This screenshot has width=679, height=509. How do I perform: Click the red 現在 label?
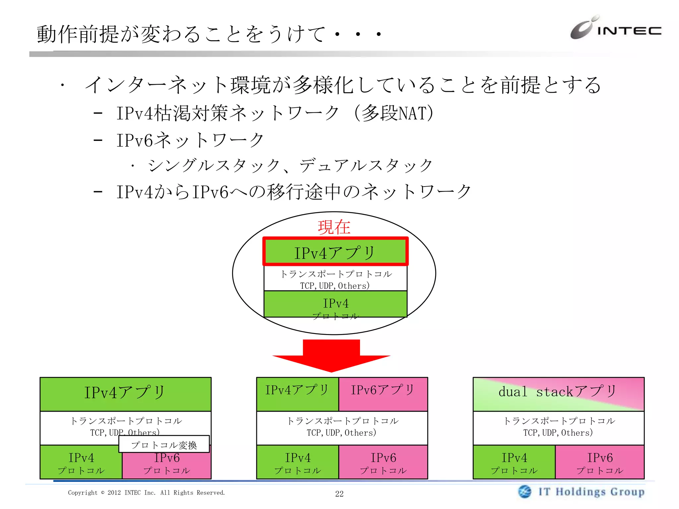click(334, 227)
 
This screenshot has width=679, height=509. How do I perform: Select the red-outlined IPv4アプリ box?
click(335, 252)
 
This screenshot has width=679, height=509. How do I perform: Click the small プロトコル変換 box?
click(164, 444)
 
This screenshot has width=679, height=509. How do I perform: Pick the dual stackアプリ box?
click(558, 393)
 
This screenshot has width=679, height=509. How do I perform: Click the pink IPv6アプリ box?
click(383, 393)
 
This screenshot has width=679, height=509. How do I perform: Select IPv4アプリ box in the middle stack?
click(297, 393)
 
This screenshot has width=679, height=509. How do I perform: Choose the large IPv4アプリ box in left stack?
click(125, 393)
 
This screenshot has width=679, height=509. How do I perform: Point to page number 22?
click(339, 494)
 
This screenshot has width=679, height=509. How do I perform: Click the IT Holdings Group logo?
click(582, 492)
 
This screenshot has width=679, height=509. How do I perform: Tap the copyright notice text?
click(146, 493)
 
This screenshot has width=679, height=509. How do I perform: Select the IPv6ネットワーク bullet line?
click(190, 140)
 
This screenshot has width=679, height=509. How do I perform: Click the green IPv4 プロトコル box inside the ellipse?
click(335, 304)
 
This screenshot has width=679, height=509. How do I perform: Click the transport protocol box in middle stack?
click(342, 427)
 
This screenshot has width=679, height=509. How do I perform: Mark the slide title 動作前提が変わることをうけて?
click(209, 34)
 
